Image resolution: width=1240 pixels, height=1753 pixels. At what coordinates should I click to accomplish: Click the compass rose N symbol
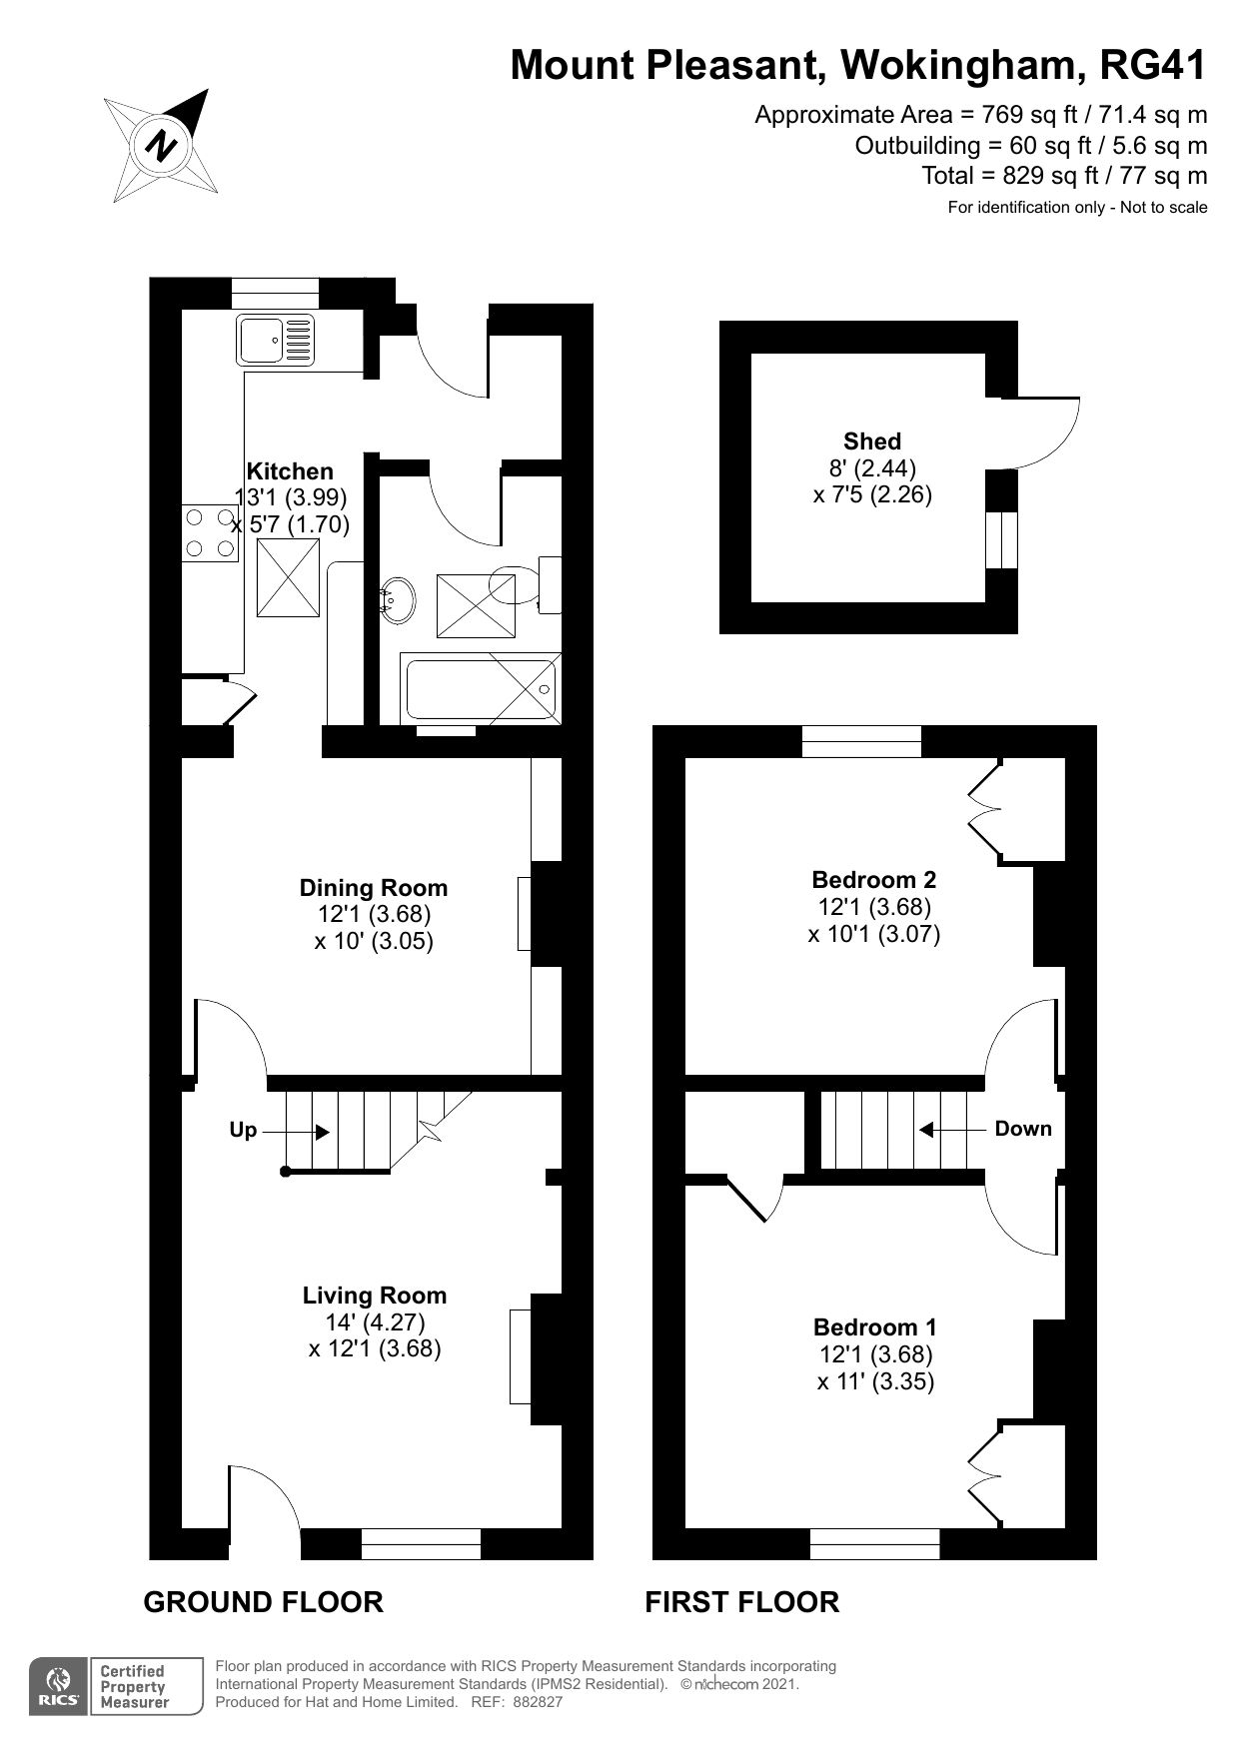click(161, 147)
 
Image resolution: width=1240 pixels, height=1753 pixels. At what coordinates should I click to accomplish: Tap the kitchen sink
click(275, 340)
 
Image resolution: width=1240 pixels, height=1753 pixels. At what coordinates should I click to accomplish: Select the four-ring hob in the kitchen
click(210, 533)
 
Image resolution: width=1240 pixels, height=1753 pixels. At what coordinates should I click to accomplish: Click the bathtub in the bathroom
click(480, 688)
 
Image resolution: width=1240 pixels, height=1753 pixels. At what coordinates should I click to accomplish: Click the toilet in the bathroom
click(530, 585)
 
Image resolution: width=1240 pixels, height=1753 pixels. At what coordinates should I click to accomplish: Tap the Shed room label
click(871, 441)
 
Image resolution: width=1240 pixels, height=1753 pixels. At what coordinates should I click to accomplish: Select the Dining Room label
click(374, 888)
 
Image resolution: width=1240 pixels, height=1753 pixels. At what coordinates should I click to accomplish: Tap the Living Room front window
click(420, 1543)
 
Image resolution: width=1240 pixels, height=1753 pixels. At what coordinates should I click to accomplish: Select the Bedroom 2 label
click(873, 880)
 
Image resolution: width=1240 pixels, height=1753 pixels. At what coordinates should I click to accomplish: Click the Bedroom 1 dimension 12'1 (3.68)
click(874, 1355)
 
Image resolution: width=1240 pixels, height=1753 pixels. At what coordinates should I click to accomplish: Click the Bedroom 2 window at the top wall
click(861, 741)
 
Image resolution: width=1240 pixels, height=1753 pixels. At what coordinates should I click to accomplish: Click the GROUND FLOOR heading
click(263, 1602)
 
